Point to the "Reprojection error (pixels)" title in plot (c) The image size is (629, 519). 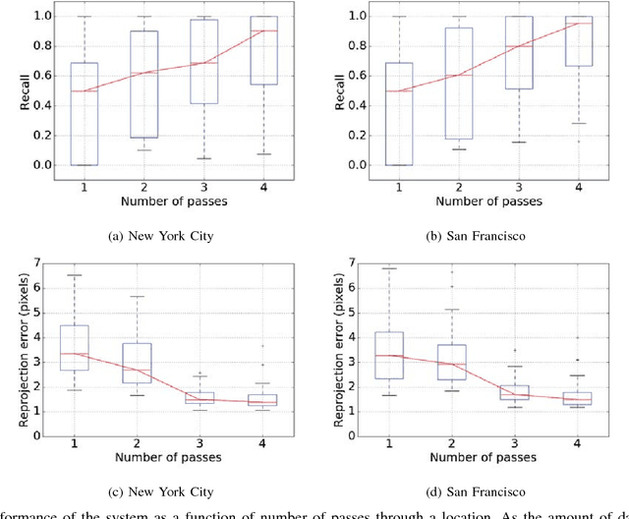(12, 349)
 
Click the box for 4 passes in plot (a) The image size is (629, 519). (263, 49)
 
